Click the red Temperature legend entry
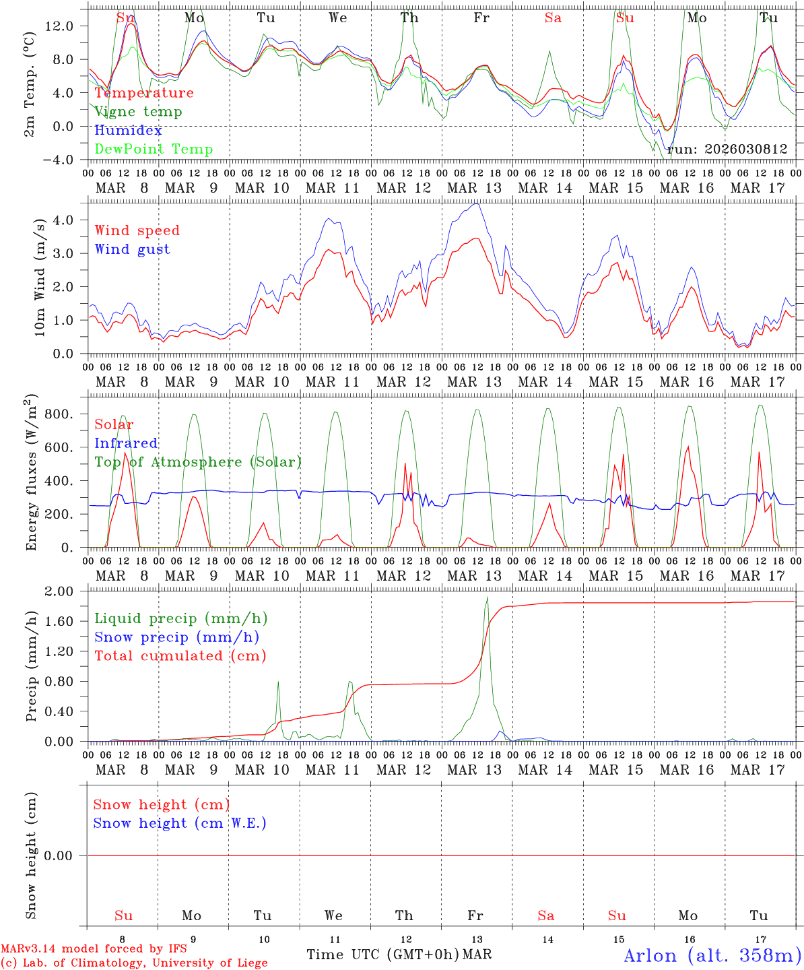click(144, 93)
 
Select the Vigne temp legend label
click(138, 112)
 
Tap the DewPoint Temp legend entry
click(154, 150)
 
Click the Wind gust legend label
click(132, 249)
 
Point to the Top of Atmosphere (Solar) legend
click(198, 462)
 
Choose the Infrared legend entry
click(126, 443)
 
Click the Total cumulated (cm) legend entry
click(180, 655)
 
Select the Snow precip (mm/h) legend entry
click(176, 637)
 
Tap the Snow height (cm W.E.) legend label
click(180, 823)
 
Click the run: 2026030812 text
click(727, 150)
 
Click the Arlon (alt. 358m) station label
click(712, 955)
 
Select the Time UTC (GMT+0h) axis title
click(383, 955)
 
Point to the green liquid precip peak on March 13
click(487, 598)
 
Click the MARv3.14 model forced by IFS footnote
click(94, 949)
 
